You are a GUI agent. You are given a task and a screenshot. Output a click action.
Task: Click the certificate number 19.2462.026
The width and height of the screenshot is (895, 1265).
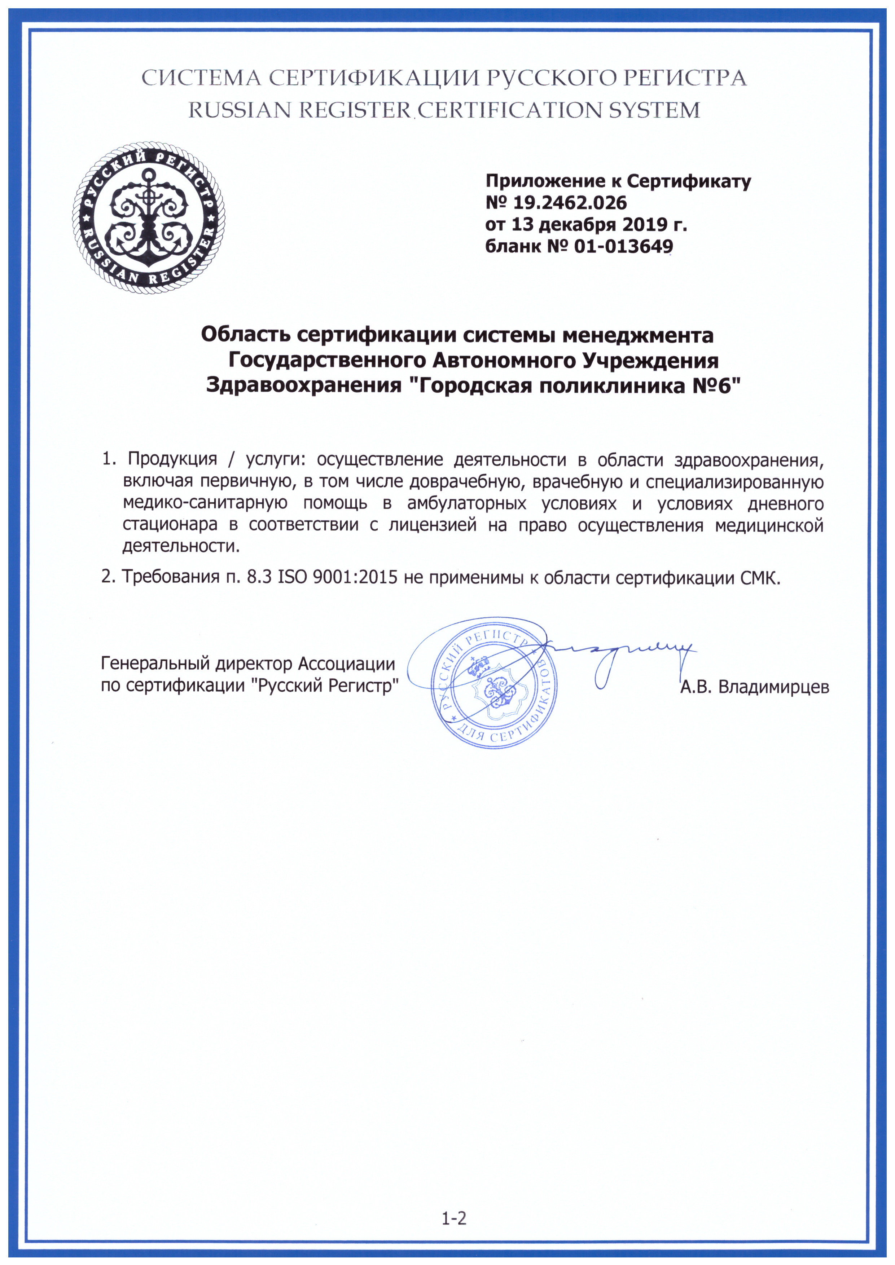pos(570,203)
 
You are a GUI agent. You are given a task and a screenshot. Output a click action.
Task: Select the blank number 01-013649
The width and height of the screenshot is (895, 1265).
pos(623,246)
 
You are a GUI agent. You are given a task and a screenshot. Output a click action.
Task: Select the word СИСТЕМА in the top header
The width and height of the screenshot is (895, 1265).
pos(202,78)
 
